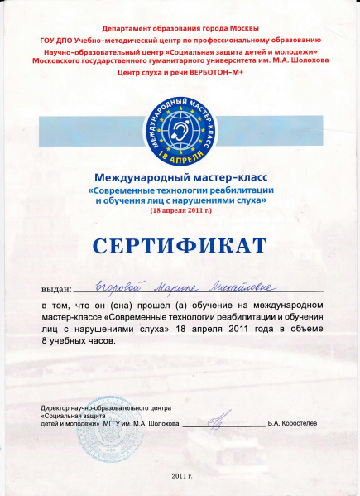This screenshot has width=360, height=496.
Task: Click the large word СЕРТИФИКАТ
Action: (x=180, y=246)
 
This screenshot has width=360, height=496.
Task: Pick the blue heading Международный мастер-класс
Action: (x=180, y=177)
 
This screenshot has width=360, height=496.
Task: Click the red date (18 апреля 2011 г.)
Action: (x=180, y=212)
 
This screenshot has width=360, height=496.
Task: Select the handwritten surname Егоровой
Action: (x=120, y=287)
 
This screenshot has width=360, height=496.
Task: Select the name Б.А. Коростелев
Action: (x=292, y=423)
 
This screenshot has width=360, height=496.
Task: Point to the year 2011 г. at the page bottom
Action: (x=181, y=478)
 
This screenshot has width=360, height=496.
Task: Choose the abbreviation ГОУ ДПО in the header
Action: (x=57, y=40)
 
